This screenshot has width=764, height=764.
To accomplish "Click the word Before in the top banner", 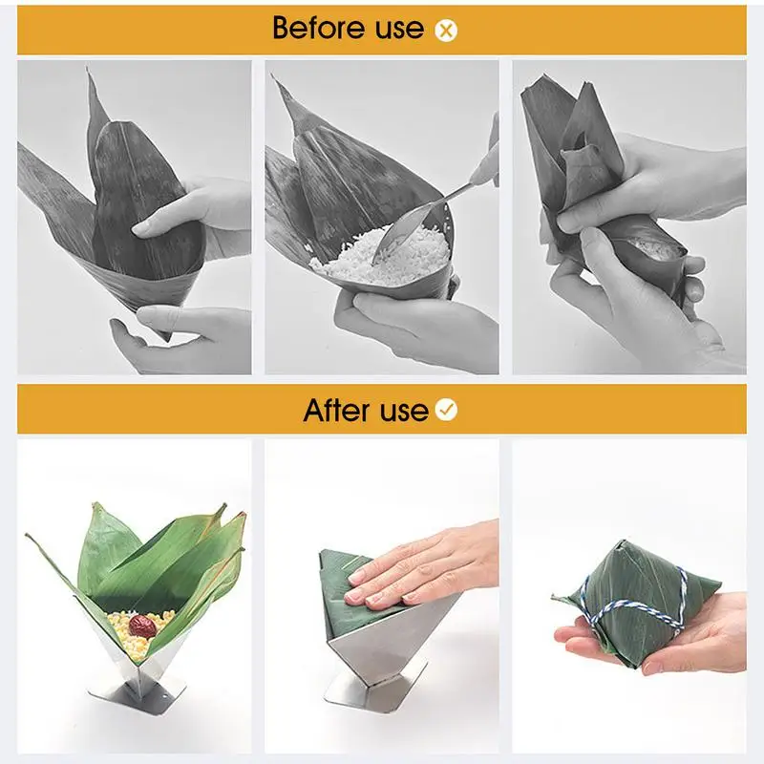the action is point(318,28).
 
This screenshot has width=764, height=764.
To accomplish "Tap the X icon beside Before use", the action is point(446,31).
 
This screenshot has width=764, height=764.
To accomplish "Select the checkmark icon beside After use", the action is point(446,410).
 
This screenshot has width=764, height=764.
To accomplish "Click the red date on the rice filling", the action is point(142,626).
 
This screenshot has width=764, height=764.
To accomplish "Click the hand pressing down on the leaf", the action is point(419,566).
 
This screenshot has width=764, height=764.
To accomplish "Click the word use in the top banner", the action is point(399,29).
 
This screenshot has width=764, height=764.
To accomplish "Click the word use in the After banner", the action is point(404,412).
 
